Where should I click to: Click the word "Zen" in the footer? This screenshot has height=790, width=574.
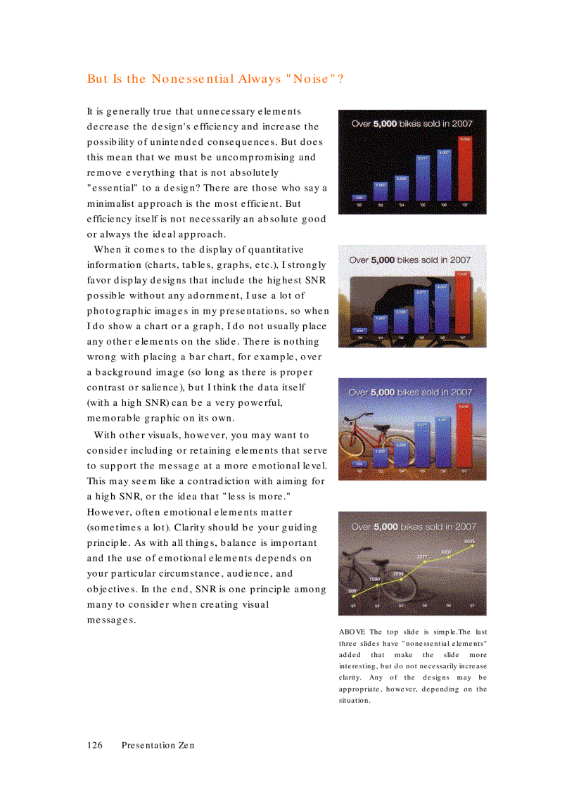[x=186, y=745]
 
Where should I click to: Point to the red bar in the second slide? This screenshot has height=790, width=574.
[x=462, y=302]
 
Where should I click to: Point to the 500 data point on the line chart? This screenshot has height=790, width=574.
[x=354, y=597]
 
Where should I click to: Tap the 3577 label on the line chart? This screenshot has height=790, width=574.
[x=423, y=557]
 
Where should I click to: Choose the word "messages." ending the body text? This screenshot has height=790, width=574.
[x=111, y=620]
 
